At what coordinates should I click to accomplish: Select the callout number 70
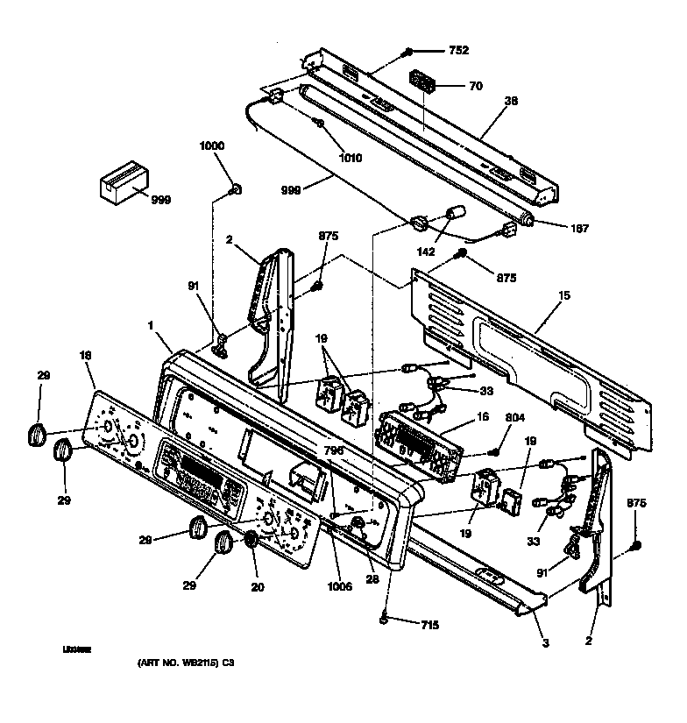pyautogui.click(x=476, y=86)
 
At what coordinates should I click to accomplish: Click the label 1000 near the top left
pyautogui.click(x=212, y=145)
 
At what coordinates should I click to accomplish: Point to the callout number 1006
pyautogui.click(x=339, y=586)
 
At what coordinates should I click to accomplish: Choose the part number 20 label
pyautogui.click(x=257, y=588)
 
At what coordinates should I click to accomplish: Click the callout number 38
pyautogui.click(x=511, y=101)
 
